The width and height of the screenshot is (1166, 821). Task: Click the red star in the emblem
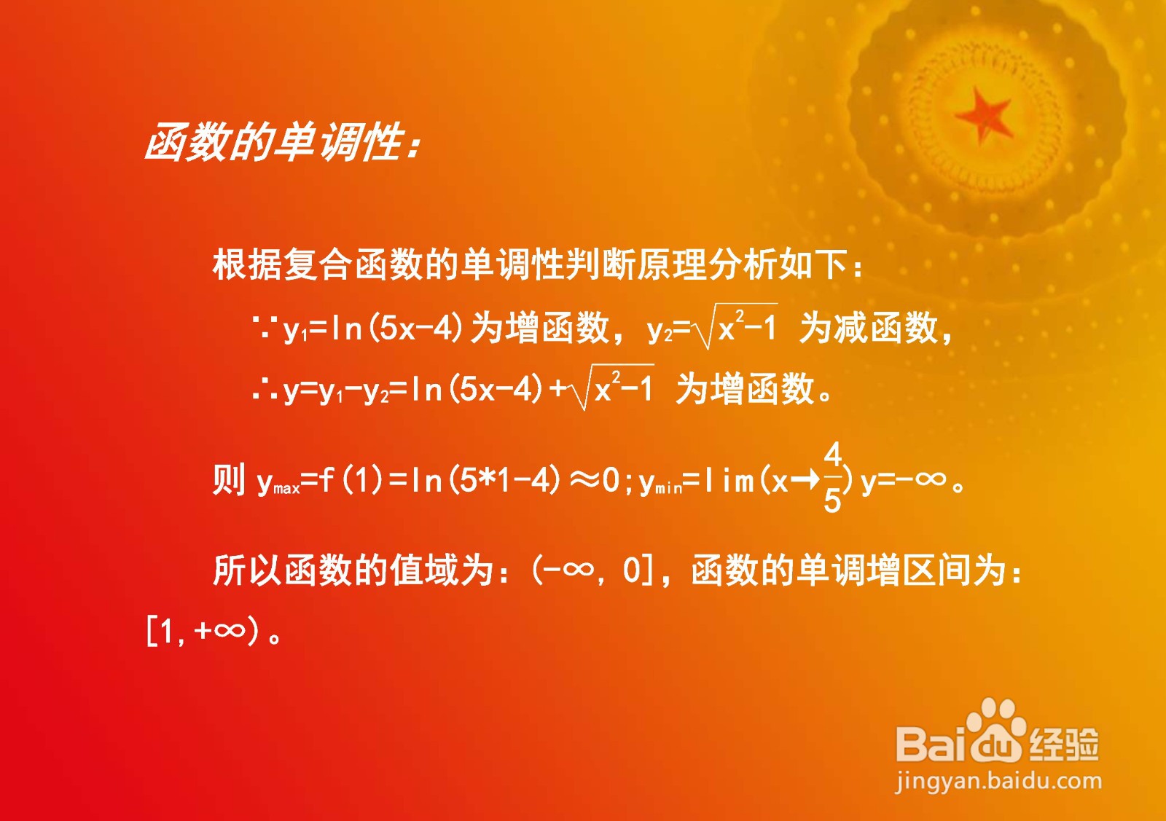pyautogui.click(x=983, y=116)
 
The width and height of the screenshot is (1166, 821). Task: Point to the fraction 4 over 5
pyautogui.click(x=833, y=478)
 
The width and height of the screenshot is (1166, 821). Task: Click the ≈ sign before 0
pyautogui.click(x=584, y=479)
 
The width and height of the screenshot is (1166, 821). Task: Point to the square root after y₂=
pyautogui.click(x=736, y=326)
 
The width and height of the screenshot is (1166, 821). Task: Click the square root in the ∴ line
pyautogui.click(x=612, y=387)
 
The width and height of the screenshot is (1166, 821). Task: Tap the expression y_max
pyautogui.click(x=278, y=482)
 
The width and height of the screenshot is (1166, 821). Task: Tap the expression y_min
pyautogui.click(x=660, y=482)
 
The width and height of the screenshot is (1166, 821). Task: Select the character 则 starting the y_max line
pyautogui.click(x=229, y=479)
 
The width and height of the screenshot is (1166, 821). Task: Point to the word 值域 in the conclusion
pyautogui.click(x=425, y=571)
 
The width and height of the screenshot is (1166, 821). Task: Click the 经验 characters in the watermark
pyautogui.click(x=1064, y=743)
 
